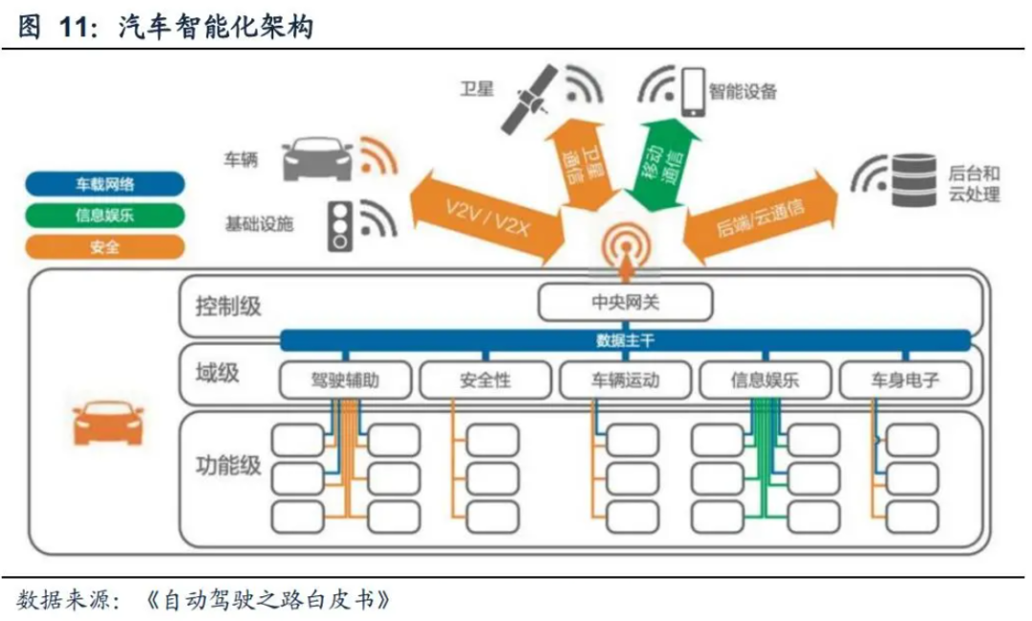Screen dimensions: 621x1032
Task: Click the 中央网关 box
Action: [626, 304]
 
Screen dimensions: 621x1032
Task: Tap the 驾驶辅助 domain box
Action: [345, 380]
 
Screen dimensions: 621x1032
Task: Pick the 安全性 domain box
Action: [484, 380]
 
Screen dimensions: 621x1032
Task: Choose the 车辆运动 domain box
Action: [625, 380]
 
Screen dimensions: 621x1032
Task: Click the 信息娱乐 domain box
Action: [765, 380]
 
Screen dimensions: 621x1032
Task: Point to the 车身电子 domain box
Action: [904, 380]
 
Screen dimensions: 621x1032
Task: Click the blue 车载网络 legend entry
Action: [105, 183]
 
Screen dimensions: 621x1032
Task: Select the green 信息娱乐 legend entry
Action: [105, 215]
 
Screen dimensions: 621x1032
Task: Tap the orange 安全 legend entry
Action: [105, 247]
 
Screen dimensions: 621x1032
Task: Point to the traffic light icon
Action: [340, 225]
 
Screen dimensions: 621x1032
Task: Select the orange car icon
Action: [108, 421]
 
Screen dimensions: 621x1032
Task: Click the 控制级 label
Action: [227, 307]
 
